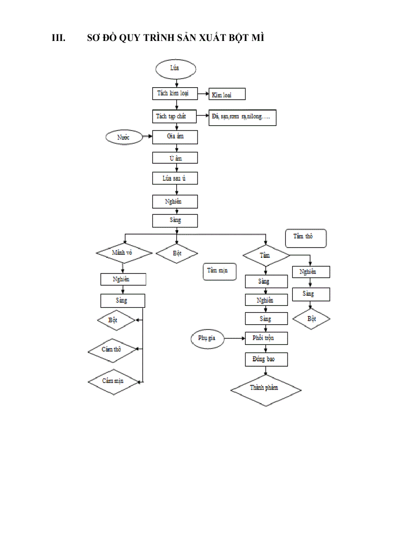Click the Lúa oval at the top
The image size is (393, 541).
click(x=175, y=69)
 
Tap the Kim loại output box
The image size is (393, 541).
click(x=227, y=94)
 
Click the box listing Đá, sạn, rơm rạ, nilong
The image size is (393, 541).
click(x=242, y=118)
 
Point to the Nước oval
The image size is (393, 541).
click(x=124, y=137)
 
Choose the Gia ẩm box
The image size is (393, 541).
click(x=175, y=137)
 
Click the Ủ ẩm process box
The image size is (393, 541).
click(x=175, y=158)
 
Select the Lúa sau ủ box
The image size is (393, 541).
click(x=175, y=178)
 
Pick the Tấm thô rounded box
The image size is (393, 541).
click(x=306, y=238)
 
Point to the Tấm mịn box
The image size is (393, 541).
click(x=218, y=271)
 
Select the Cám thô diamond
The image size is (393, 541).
click(x=112, y=349)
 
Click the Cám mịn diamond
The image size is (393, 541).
click(x=113, y=381)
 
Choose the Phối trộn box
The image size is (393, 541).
click(x=266, y=338)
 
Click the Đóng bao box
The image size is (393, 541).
click(x=266, y=359)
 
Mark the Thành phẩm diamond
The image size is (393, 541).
click(x=266, y=389)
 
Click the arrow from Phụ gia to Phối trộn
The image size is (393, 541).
click(x=235, y=339)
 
